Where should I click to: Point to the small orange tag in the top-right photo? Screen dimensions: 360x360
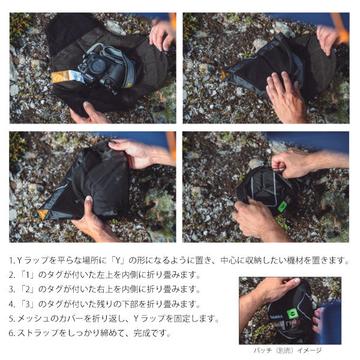(x=224, y=76)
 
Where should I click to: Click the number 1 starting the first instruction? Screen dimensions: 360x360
(x=12, y=261)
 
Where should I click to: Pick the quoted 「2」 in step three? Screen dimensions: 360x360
(x=31, y=290)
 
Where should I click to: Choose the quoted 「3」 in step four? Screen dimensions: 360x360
(x=31, y=304)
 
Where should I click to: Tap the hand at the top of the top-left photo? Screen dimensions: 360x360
(x=161, y=33)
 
